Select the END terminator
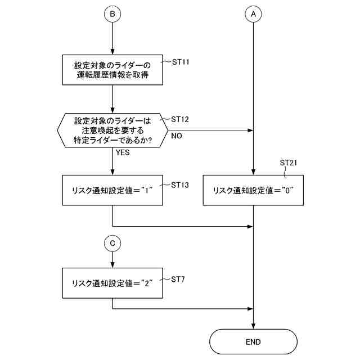tap(253, 341)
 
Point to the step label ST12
tap(180, 119)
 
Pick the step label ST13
tap(180, 184)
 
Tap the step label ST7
tap(178, 279)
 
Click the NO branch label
tap(176, 136)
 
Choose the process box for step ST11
tap(112, 69)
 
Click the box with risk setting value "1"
tap(112, 191)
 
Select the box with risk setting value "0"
tap(253, 191)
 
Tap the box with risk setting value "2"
tap(112, 283)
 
